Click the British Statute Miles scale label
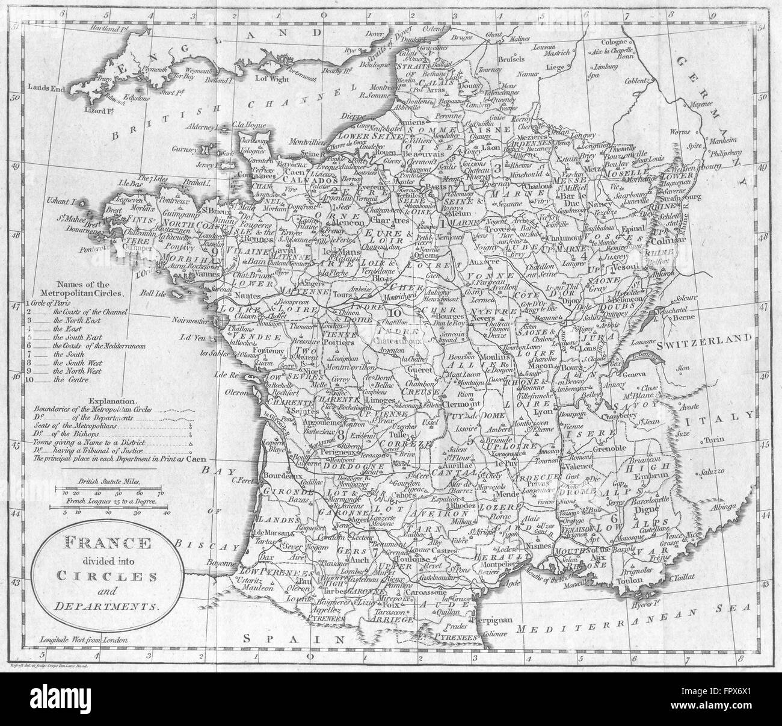coord(109,482)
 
